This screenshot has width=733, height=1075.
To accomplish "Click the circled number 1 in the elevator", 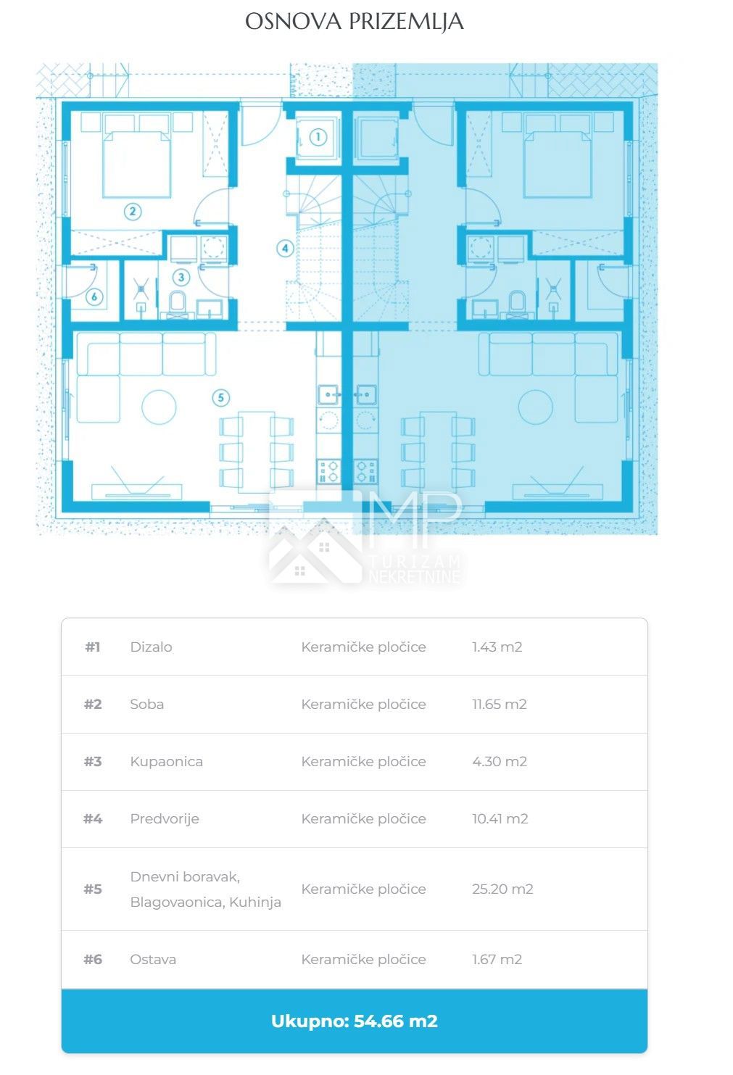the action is (318, 137).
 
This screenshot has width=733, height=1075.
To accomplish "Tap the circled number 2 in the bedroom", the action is (133, 211).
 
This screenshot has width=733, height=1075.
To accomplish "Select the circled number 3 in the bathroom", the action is (181, 277).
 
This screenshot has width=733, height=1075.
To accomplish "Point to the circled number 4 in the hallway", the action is (285, 248).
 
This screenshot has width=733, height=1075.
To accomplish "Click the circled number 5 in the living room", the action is (221, 397).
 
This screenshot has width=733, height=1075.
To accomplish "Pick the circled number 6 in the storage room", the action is (94, 296).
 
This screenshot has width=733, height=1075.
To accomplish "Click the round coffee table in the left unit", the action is (159, 407).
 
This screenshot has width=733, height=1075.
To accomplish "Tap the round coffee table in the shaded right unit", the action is (535, 407).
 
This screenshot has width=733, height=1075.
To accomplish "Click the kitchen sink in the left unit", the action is (329, 394).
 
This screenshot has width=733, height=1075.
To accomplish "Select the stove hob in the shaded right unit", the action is (366, 471).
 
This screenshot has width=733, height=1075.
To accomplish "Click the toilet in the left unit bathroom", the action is (178, 302).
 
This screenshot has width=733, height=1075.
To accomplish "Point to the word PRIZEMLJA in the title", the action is (406, 22).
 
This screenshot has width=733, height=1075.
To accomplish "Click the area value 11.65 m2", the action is (500, 704).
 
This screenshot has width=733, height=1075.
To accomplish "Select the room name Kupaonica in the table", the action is (166, 762).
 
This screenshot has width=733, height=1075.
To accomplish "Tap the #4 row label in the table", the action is (93, 818).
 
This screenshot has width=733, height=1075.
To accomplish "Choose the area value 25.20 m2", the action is (502, 889).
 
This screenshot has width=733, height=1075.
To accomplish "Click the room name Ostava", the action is (153, 959).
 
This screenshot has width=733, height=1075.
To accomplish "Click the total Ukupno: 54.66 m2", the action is (355, 1021).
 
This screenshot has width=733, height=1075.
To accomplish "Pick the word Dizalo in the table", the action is (151, 647).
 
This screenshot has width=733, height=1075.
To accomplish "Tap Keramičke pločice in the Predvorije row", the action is (363, 818).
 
